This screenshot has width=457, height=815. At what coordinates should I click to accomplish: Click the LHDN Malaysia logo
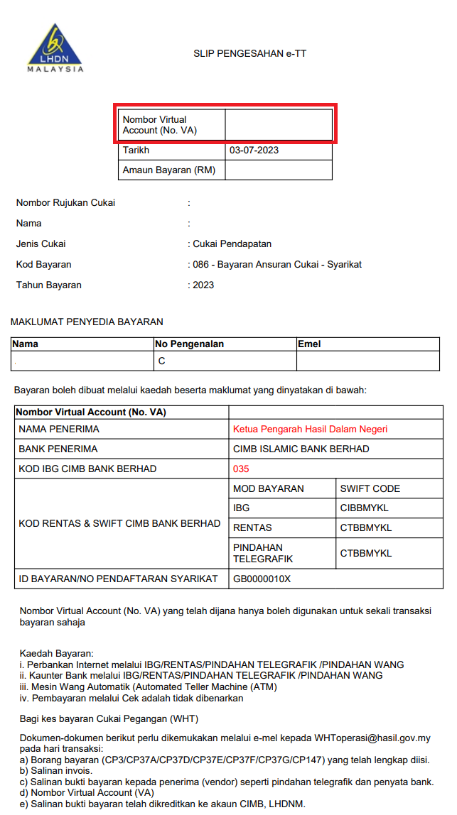pyautogui.click(x=55, y=48)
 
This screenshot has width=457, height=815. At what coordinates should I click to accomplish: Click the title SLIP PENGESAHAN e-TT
pyautogui.click(x=249, y=53)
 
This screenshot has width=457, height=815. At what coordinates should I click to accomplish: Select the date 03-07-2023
pyautogui.click(x=254, y=151)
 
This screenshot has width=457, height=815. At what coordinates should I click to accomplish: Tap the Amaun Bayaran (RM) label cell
pyautogui.click(x=169, y=170)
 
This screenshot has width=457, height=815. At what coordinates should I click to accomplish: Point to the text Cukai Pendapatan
pyautogui.click(x=232, y=244)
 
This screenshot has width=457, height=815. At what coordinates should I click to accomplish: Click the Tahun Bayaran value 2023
pyautogui.click(x=203, y=285)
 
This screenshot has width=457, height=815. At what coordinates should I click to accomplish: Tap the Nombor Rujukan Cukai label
pyautogui.click(x=65, y=202)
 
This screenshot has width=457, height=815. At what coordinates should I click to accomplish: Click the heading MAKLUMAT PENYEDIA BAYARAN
pyautogui.click(x=87, y=322)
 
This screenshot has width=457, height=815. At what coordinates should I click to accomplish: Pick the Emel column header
pyautogui.click(x=310, y=344)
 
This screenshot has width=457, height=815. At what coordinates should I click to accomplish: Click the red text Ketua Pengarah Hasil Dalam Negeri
pyautogui.click(x=310, y=429)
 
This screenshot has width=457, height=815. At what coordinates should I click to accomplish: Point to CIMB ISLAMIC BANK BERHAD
pyautogui.click(x=301, y=449)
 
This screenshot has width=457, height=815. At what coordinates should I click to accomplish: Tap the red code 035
pyautogui.click(x=242, y=469)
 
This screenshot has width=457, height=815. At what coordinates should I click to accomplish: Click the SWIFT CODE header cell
pyautogui.click(x=370, y=488)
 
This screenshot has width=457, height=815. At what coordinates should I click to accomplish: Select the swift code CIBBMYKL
pyautogui.click(x=366, y=508)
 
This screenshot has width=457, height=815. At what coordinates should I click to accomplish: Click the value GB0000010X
pyautogui.click(x=262, y=579)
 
